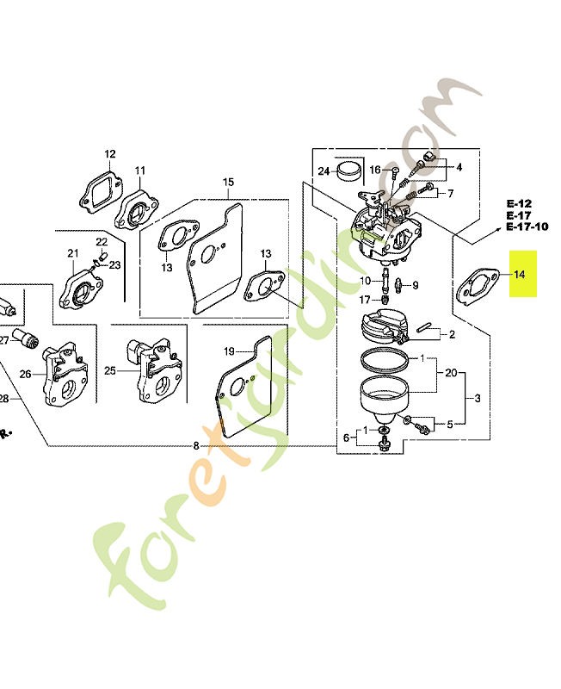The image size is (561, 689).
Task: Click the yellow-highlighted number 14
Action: (x=520, y=274)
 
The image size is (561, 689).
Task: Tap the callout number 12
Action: (x=110, y=154)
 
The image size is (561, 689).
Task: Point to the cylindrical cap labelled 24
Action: (x=349, y=171)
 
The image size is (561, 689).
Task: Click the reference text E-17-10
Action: (x=527, y=227)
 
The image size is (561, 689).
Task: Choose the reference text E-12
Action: (x=519, y=203)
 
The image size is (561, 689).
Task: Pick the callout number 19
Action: (x=229, y=351)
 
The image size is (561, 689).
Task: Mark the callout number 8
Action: (x=196, y=446)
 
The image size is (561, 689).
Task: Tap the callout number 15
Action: (x=228, y=182)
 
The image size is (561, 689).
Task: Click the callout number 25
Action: (x=110, y=371)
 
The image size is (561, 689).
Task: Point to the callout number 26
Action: (x=26, y=374)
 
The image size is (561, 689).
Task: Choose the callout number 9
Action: (x=416, y=286)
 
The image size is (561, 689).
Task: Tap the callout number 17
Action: (x=365, y=300)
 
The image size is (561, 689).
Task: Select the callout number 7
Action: (x=450, y=193)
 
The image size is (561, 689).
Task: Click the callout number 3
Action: (x=478, y=399)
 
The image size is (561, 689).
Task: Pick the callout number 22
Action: (x=102, y=242)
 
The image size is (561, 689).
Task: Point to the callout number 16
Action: (x=375, y=170)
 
